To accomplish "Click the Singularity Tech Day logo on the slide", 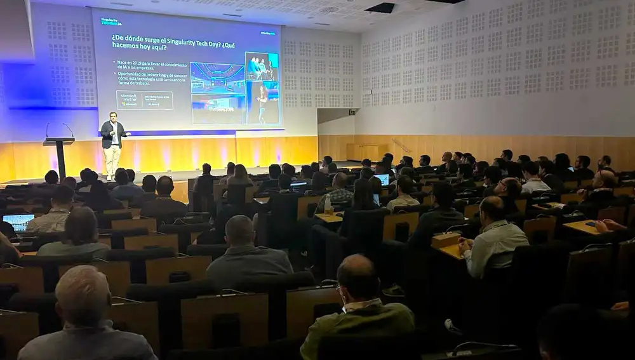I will coord(111,22).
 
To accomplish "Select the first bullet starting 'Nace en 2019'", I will coord(150,65).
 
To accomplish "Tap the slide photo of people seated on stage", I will coord(261,66).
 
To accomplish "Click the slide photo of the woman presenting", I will coord(262,102).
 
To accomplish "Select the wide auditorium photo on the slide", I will coord(217,77).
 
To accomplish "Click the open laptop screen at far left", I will coord(18,222).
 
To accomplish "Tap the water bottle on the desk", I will coord(328,205).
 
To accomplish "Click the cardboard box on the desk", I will coord(445,239).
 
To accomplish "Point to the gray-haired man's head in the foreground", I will coord(82,295).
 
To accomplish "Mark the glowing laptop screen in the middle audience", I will coord(383,179).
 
